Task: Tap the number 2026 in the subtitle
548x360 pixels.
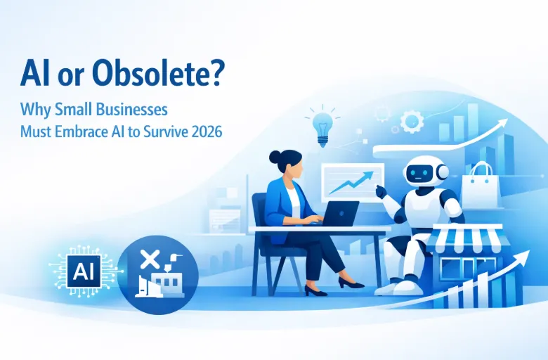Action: point(204,131)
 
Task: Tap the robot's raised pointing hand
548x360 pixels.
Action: point(380,191)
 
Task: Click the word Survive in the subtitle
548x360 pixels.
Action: point(163,131)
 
